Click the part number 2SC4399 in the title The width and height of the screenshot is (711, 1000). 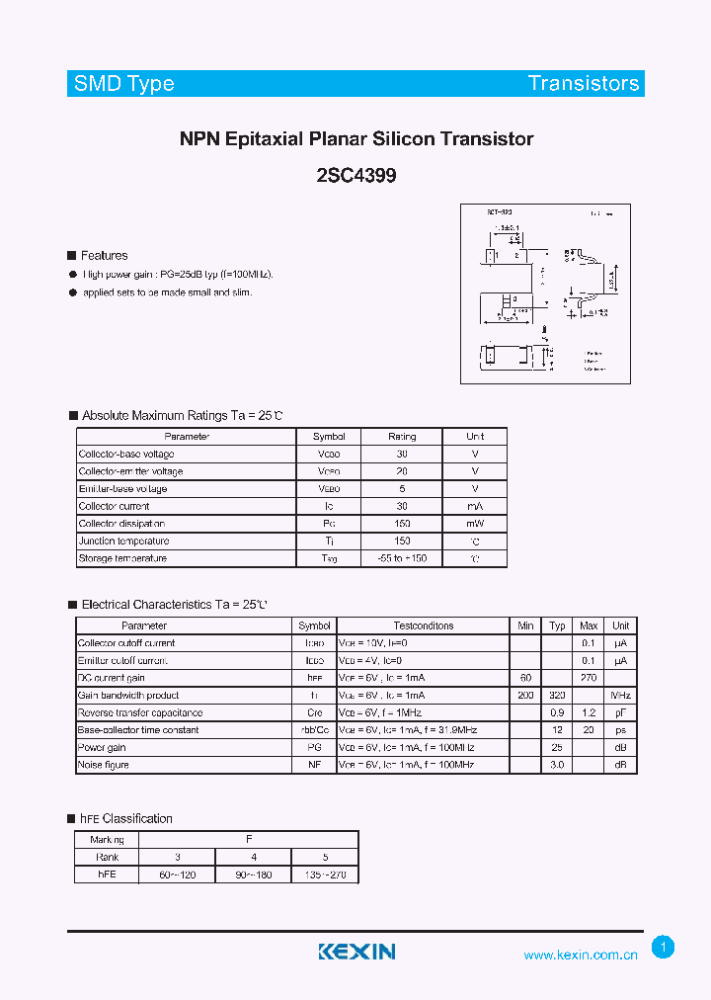coord(356,176)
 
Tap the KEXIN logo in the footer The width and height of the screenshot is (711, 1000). coord(356,952)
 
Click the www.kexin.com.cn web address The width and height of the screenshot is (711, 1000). coord(581,955)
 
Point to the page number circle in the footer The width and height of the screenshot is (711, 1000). coord(664,948)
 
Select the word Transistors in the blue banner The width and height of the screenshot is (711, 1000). coord(584,83)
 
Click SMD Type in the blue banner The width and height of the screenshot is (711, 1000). coord(124,84)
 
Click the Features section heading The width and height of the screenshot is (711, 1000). coord(104,256)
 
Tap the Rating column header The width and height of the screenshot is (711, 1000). coord(402,436)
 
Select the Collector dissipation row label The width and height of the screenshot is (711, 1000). coord(121,524)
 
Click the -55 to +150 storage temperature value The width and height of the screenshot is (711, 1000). coord(402,558)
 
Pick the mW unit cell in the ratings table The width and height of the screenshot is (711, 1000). coord(475,524)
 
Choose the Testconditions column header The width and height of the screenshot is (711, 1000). coord(423,625)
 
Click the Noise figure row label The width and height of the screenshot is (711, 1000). coord(104,765)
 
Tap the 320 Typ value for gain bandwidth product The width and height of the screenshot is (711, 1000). coord(557,695)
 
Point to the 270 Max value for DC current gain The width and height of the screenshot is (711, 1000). coord(589,678)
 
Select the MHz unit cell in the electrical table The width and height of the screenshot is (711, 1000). coord(621,695)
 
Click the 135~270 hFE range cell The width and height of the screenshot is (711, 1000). coord(325,875)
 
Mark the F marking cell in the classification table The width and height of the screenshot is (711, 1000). coord(249,840)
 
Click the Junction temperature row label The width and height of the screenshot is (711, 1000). coord(123,542)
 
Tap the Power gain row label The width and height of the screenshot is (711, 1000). coord(103,747)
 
